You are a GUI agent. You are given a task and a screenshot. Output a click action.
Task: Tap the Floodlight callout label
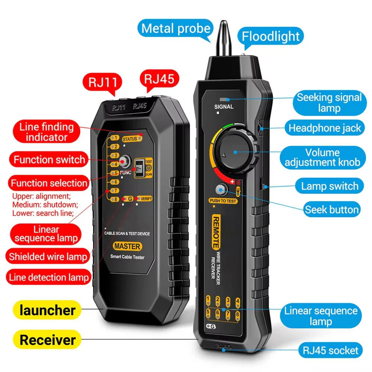[x=271, y=36]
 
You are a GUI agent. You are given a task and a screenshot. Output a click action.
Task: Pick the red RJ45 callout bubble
[x=160, y=79]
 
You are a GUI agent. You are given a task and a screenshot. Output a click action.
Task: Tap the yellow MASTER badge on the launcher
[x=127, y=246]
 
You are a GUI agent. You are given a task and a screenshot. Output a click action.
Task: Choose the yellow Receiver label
[x=48, y=340]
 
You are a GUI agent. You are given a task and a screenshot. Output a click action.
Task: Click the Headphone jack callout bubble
[x=325, y=128]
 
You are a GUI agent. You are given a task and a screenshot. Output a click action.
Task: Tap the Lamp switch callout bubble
[x=330, y=186]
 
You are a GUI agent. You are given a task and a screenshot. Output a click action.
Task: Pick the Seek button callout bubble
[x=332, y=209]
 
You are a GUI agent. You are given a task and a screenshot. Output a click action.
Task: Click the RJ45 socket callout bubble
[x=330, y=350]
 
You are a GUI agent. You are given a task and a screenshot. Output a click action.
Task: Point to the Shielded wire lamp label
[x=48, y=256]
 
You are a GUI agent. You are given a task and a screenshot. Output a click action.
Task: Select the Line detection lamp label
[x=49, y=277]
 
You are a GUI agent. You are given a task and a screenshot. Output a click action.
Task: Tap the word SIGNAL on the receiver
[x=224, y=107]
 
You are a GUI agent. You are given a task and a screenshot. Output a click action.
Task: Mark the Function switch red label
[x=49, y=160]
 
